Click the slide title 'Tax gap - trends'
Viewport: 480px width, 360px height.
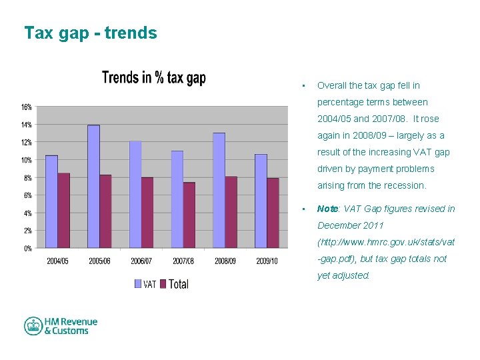click(x=91, y=33)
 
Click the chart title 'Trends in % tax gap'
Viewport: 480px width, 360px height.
click(x=154, y=78)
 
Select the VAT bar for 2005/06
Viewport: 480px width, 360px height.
click(x=93, y=186)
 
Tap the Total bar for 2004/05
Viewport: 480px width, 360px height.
click(x=63, y=210)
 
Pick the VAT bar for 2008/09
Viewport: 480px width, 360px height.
click(x=219, y=190)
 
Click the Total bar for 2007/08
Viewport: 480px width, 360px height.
click(x=189, y=215)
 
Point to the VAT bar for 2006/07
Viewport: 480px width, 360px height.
click(x=135, y=194)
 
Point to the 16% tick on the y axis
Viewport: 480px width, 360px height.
click(x=25, y=107)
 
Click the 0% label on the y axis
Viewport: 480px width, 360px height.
click(x=27, y=249)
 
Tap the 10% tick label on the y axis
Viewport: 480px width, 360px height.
click(x=25, y=160)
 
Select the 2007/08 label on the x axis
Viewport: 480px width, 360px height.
click(x=183, y=261)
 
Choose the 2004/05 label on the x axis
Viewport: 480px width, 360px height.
click(x=57, y=261)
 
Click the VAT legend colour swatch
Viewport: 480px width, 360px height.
click(x=138, y=284)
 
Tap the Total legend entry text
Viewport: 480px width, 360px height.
click(x=179, y=284)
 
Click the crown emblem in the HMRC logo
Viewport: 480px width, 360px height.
click(x=33, y=326)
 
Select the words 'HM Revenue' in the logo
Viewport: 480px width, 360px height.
click(x=71, y=322)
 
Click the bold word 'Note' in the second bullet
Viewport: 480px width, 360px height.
click(x=328, y=209)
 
